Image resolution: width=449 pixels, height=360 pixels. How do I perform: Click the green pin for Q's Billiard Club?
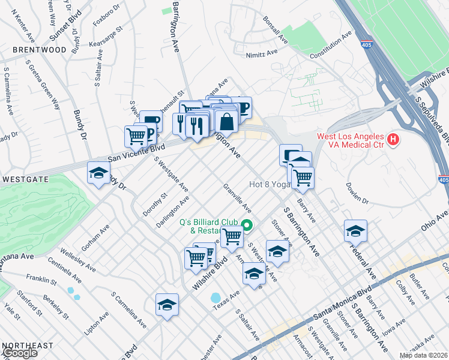coord(246,226)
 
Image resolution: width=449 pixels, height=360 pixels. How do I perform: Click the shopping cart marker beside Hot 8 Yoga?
coord(303,177)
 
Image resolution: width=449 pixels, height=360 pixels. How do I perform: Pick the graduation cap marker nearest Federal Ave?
coord(355,230)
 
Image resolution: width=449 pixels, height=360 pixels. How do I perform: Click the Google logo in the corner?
coord(19,353)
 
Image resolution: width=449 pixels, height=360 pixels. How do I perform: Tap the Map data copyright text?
coord(423,355)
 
